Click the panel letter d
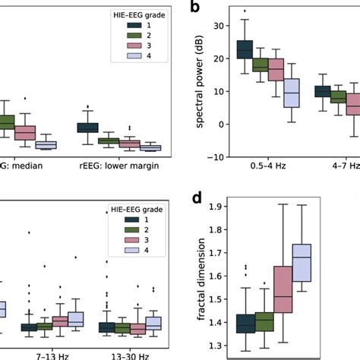pyautogui.click(x=197, y=200)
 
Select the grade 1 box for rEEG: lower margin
pyautogui.click(x=88, y=128)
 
